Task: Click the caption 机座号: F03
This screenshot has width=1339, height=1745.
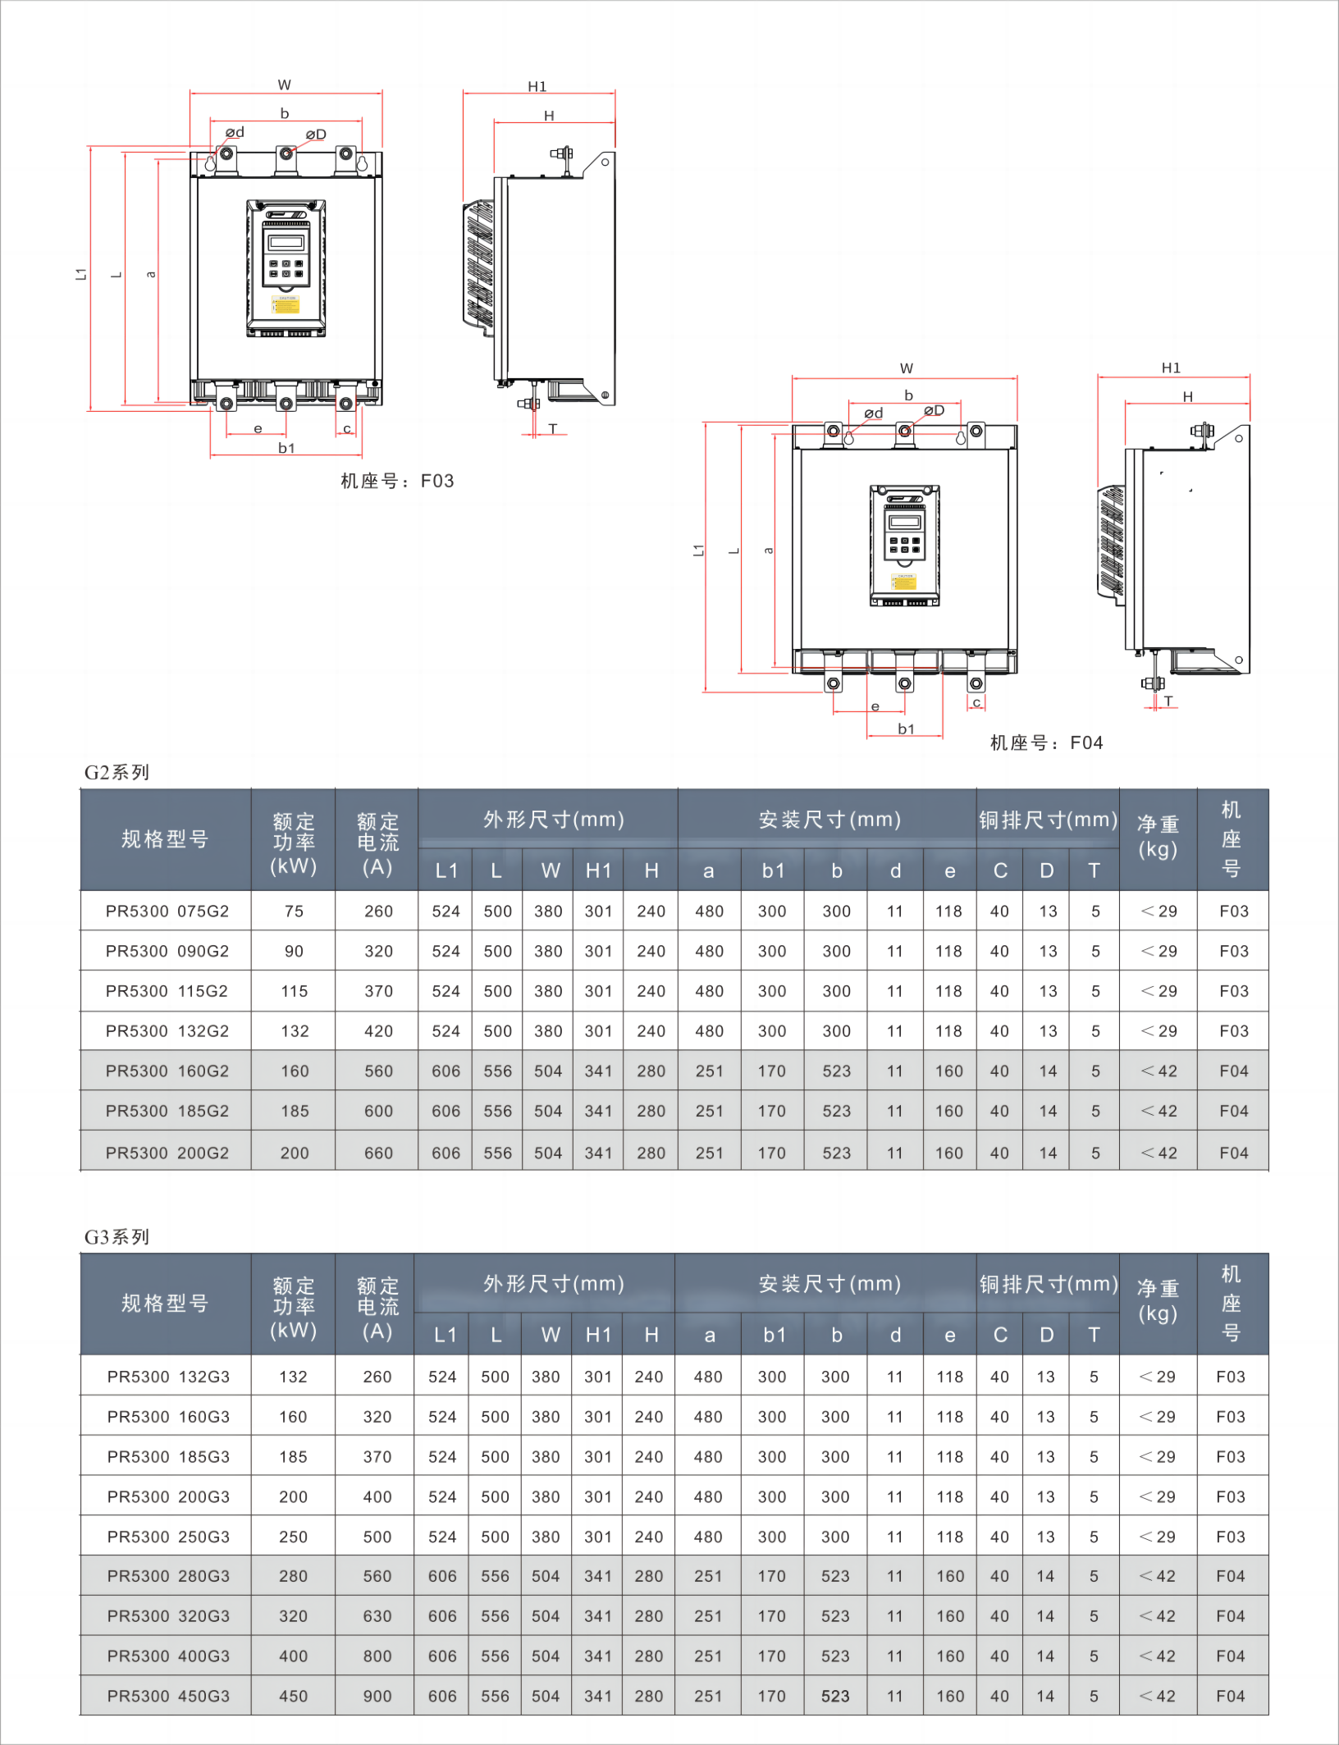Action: (397, 481)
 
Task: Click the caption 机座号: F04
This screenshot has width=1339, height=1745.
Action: (1046, 742)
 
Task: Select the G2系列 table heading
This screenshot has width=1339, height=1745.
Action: (117, 772)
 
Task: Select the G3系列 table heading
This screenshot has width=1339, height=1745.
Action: (117, 1236)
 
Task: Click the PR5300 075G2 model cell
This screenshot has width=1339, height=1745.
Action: (167, 911)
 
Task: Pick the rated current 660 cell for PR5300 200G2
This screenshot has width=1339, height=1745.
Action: (378, 1153)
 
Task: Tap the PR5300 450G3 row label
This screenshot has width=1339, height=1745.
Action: (168, 1696)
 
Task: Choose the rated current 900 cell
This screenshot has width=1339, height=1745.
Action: (377, 1696)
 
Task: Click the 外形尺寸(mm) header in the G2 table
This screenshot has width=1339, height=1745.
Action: (554, 819)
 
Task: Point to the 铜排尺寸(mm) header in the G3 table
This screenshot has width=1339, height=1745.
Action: (1049, 1283)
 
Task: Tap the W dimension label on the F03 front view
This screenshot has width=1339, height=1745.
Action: (285, 85)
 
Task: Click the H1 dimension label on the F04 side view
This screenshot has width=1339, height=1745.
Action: (1171, 368)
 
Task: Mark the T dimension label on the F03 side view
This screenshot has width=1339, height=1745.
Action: (553, 428)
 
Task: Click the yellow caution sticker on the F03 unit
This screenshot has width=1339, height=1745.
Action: (286, 305)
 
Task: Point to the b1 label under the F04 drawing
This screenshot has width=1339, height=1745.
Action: (906, 729)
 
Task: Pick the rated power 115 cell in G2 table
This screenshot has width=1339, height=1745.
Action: (294, 991)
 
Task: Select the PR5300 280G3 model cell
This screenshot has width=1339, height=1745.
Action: (168, 1576)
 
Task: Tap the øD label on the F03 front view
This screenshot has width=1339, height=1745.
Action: (316, 135)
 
